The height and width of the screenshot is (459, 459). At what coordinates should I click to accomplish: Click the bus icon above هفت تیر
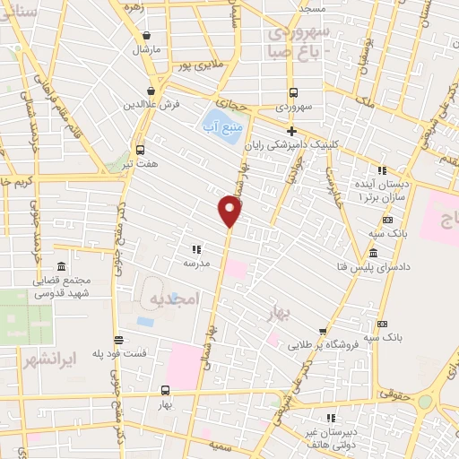pyautogui.click(x=140, y=150)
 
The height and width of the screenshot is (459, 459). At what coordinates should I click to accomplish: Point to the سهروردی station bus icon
pyautogui.click(x=293, y=92)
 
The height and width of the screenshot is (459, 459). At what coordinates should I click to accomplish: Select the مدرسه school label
pyautogui.click(x=196, y=264)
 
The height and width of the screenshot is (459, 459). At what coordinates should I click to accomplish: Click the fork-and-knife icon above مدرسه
pyautogui.click(x=195, y=249)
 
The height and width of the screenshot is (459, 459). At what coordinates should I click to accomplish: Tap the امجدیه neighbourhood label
pyautogui.click(x=172, y=298)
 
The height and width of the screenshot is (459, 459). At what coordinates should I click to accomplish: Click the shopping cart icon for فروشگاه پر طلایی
pyautogui.click(x=322, y=330)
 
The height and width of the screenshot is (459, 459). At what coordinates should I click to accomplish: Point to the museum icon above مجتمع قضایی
pyautogui.click(x=61, y=267)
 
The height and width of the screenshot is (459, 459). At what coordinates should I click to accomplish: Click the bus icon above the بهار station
pyautogui.click(x=165, y=390)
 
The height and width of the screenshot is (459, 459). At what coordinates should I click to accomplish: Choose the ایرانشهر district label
pyautogui.click(x=47, y=357)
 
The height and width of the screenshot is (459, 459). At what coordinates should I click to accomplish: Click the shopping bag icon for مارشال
pyautogui.click(x=146, y=35)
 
